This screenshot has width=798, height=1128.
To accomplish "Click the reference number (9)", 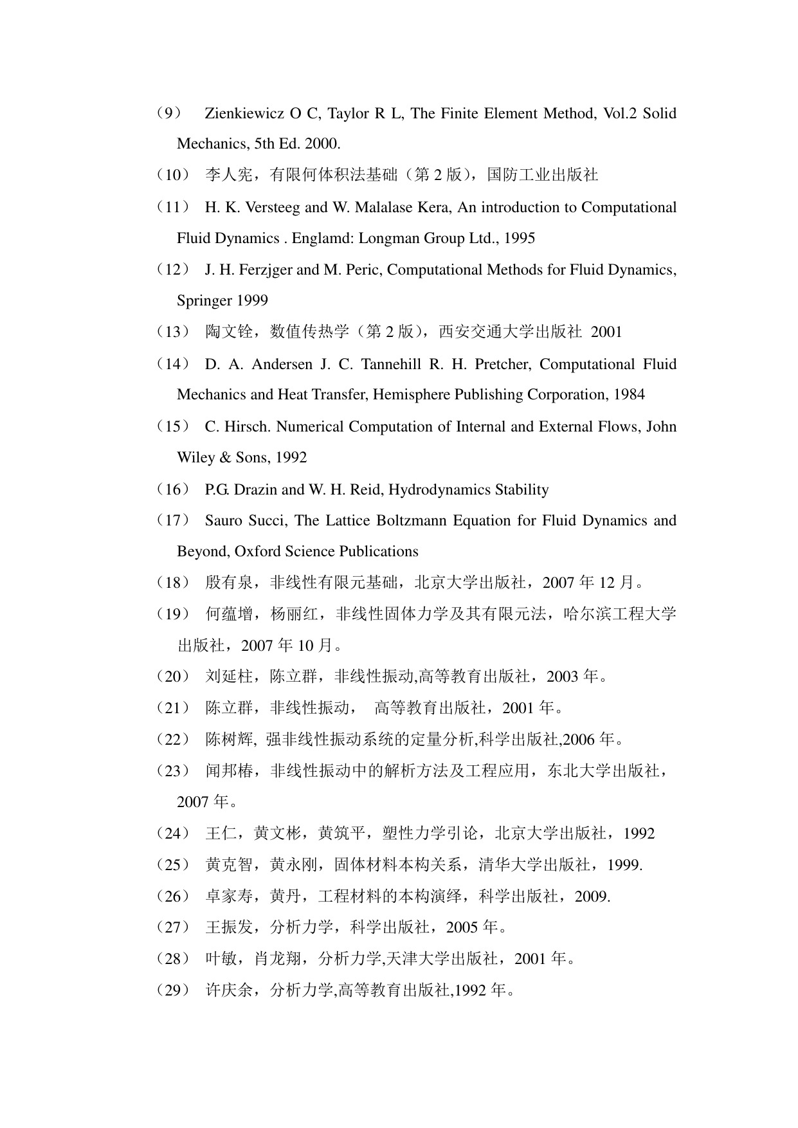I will [169, 114].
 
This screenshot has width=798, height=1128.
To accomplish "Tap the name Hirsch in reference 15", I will [248, 427].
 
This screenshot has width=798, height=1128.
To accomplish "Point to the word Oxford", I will [259, 552].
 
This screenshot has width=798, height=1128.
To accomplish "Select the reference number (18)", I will [173, 583].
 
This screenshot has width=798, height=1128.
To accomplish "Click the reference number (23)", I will [173, 771].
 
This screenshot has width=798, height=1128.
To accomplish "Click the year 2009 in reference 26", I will [592, 896].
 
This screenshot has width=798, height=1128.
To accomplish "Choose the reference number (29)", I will [173, 990].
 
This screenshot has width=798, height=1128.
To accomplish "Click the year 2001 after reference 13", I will [606, 332].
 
